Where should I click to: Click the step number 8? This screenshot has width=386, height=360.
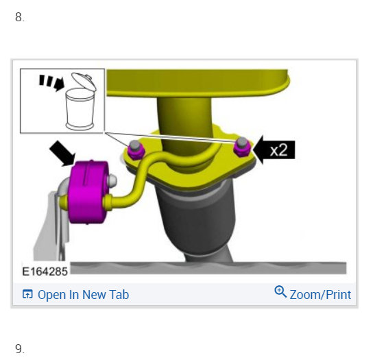click(20, 17)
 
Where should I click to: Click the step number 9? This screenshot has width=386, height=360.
click(20, 348)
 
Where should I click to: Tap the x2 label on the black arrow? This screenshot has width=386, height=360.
click(278, 150)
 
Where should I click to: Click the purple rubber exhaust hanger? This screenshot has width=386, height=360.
click(88, 192)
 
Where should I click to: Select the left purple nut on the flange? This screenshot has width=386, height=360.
click(135, 151)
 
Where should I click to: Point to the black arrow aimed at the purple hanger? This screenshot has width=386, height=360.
click(62, 153)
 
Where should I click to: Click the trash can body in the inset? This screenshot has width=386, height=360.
click(80, 109)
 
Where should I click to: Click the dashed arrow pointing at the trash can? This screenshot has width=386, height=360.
click(51, 82)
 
